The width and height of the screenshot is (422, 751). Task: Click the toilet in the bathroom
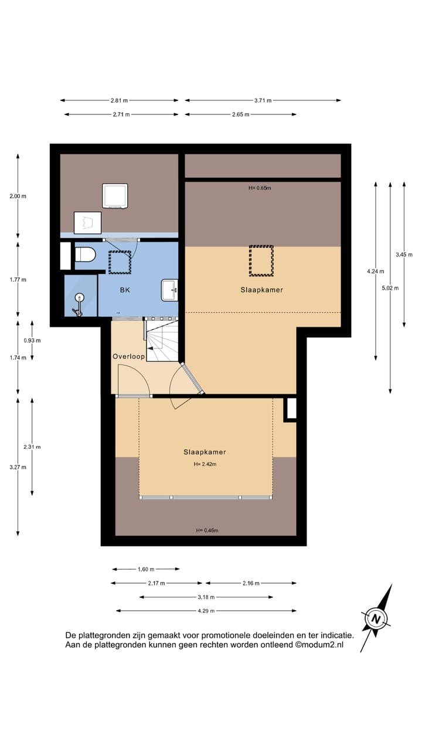[85, 255]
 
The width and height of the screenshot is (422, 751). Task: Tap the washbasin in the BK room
[169, 290]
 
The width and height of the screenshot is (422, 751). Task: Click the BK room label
[125, 290]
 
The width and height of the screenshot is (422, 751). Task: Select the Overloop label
[128, 356]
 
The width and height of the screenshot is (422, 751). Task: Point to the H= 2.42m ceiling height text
[205, 464]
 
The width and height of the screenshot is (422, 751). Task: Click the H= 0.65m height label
[260, 188]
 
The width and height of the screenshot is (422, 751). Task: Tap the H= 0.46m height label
[207, 530]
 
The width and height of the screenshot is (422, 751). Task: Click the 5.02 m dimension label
[390, 288]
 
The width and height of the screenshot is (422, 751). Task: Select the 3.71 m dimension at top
[263, 100]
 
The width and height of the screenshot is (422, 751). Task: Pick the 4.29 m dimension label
[206, 611]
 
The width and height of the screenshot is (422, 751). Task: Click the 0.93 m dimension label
[32, 341]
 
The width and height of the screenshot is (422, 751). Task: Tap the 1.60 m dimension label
[146, 569]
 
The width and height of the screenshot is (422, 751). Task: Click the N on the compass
[376, 619]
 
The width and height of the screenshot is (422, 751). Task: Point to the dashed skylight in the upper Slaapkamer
[261, 261]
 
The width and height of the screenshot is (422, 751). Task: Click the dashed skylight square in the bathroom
[120, 262]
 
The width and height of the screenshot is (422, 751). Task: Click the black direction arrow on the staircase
[151, 349]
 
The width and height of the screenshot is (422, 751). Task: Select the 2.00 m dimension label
[18, 196]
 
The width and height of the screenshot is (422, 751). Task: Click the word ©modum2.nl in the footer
[319, 645]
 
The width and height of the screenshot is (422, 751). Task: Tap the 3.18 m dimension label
[206, 597]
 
